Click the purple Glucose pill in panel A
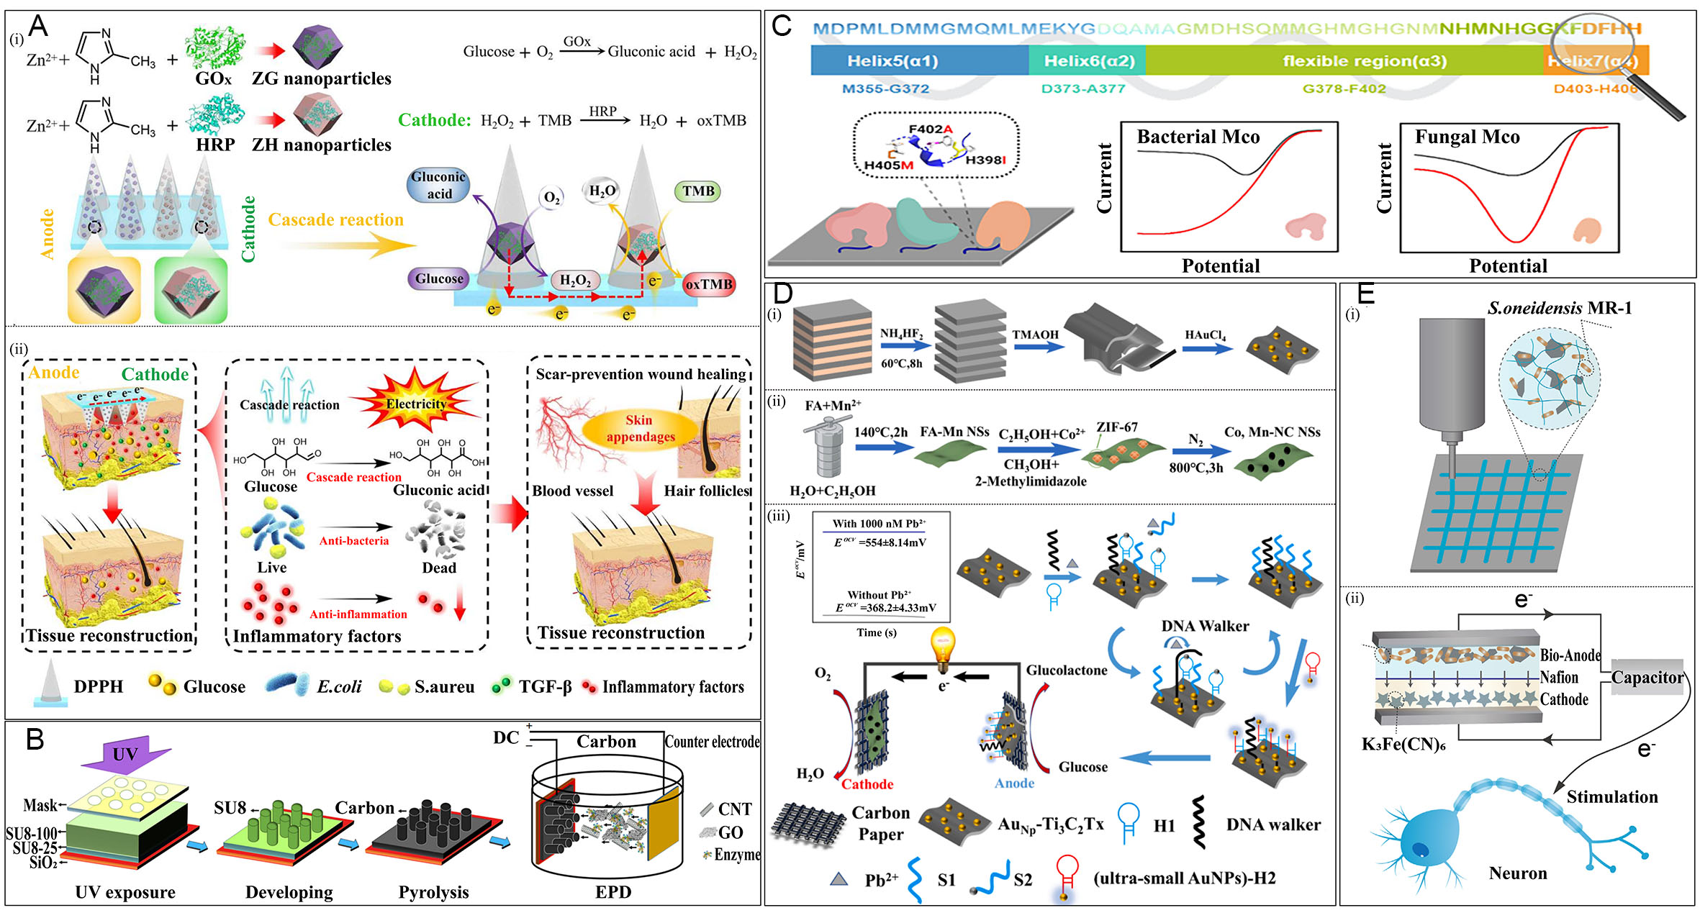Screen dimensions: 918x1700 [x=439, y=278]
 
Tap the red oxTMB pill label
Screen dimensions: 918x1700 [x=708, y=284]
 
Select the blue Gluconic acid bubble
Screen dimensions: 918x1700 [x=438, y=186]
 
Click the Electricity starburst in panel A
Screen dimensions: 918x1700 [x=416, y=404]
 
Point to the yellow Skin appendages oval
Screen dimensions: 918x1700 [x=639, y=429]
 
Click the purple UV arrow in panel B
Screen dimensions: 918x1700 [x=125, y=753]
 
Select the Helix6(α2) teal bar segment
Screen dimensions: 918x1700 [x=1088, y=61]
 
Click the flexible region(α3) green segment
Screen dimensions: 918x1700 [x=1343, y=61]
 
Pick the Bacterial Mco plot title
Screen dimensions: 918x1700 [x=1198, y=137]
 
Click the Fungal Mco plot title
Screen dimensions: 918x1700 [x=1467, y=137]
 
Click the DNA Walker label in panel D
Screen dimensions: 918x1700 [x=1205, y=626]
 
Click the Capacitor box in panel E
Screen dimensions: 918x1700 [x=1647, y=678]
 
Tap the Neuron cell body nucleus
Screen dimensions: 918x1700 [x=1421, y=850]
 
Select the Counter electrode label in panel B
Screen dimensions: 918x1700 [x=711, y=742]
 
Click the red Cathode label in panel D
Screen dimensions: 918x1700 [x=867, y=784]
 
